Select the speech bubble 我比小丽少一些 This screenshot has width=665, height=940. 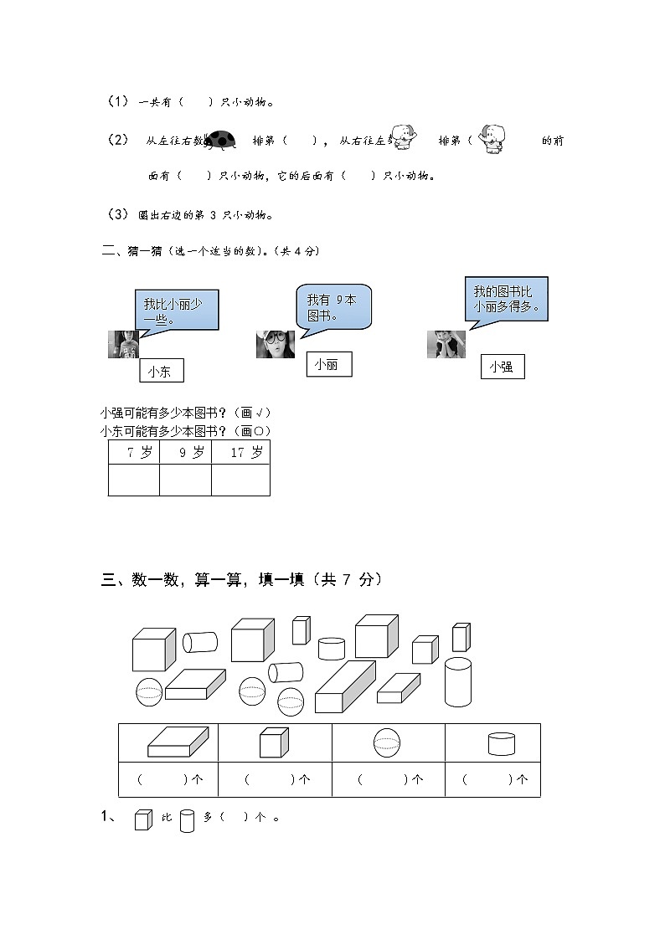click(176, 311)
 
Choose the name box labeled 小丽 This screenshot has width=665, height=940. click(328, 364)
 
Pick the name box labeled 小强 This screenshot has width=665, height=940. click(503, 367)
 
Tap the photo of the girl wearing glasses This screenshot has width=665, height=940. click(275, 344)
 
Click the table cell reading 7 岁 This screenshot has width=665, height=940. click(134, 453)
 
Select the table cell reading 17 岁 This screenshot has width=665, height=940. click(241, 453)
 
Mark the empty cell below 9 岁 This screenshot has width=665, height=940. click(185, 480)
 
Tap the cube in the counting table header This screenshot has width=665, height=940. click(274, 742)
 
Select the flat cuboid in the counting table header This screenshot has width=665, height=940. click(171, 742)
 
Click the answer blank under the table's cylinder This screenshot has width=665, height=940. click(492, 779)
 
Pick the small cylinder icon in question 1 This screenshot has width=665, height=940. click(187, 819)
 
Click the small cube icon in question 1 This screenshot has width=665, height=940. click(143, 819)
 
